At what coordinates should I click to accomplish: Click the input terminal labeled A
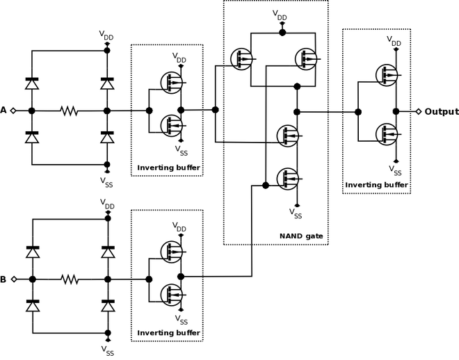[x=13, y=111]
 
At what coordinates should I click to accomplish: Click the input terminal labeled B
[x=13, y=279]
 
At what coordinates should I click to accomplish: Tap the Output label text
[x=442, y=111]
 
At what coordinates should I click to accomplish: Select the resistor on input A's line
[x=70, y=111]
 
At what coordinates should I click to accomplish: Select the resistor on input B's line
[x=70, y=279]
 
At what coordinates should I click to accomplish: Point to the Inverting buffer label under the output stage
[x=376, y=185]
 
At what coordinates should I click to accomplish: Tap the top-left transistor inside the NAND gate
[x=241, y=58]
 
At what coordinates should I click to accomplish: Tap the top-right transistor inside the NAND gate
[x=305, y=58]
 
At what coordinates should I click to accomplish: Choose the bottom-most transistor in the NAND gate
[x=287, y=179]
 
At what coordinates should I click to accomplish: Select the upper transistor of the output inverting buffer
[x=386, y=76]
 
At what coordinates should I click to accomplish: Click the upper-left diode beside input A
[x=32, y=83]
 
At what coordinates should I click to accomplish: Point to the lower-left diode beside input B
[x=32, y=306]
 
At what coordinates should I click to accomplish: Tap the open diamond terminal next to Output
[x=419, y=111]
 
